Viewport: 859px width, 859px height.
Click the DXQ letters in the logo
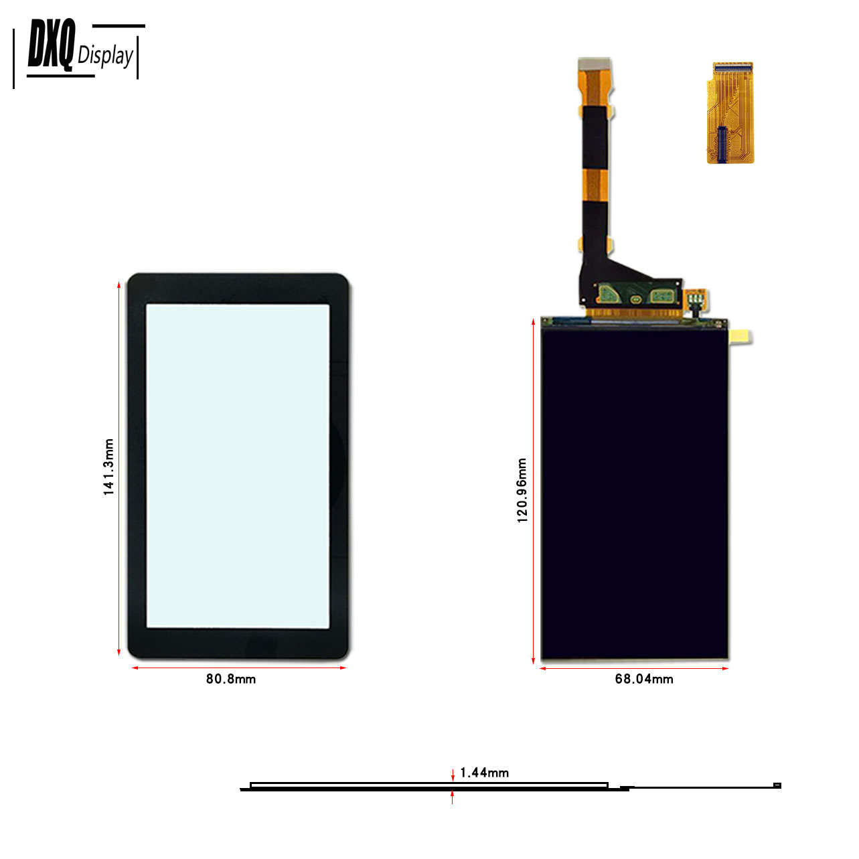[x=51, y=45]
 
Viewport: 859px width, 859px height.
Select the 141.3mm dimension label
[x=108, y=466]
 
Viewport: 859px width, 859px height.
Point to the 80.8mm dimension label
[x=230, y=679]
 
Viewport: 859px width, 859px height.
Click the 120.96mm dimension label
[x=522, y=490]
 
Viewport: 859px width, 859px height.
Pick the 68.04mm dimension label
[x=643, y=679]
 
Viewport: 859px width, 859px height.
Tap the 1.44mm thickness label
[x=484, y=773]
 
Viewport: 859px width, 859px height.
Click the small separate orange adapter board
[x=730, y=112]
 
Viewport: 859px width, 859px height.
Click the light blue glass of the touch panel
[x=238, y=466]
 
